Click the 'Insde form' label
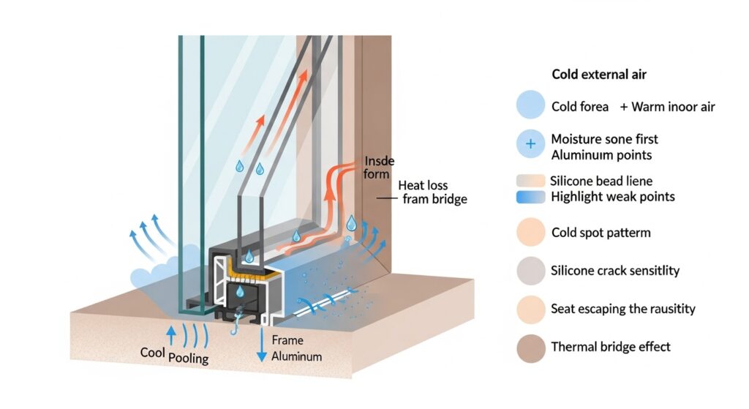376,168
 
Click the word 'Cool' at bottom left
153,352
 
